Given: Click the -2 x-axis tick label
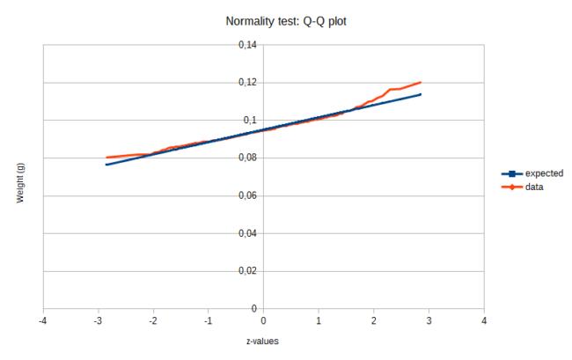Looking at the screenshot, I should tap(153, 320).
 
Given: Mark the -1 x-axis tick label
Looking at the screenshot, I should tap(209, 320).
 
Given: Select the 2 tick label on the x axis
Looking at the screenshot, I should tap(374, 320).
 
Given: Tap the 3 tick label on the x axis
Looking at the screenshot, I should tap(429, 320).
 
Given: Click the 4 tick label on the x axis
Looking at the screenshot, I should tap(485, 320).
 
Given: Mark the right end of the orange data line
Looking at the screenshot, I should tap(421, 83).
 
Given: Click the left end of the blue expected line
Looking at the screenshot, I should tap(106, 165).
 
